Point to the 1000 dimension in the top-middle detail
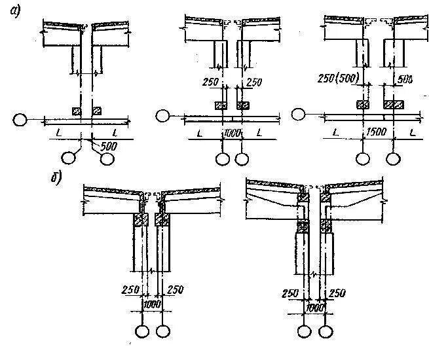232,134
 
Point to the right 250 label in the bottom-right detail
337,294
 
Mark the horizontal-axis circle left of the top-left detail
21,119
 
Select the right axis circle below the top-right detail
393,158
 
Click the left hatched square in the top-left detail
77,111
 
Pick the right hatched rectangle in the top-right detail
393,105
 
